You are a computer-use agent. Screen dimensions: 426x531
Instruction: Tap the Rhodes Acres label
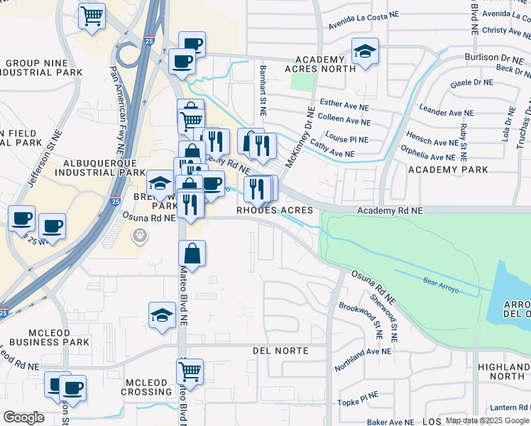click(x=274, y=211)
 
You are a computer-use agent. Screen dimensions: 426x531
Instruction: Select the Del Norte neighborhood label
click(x=280, y=351)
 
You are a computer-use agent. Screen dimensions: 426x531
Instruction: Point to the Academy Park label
click(x=448, y=170)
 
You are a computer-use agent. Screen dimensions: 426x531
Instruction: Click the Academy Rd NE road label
click(x=390, y=211)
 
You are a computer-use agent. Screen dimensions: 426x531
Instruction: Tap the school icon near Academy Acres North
click(x=366, y=51)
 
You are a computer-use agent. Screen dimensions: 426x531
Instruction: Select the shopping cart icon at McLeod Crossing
click(x=190, y=370)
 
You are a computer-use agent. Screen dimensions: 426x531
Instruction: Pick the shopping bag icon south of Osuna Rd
click(x=192, y=252)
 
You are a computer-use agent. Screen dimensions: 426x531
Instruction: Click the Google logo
click(x=23, y=417)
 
